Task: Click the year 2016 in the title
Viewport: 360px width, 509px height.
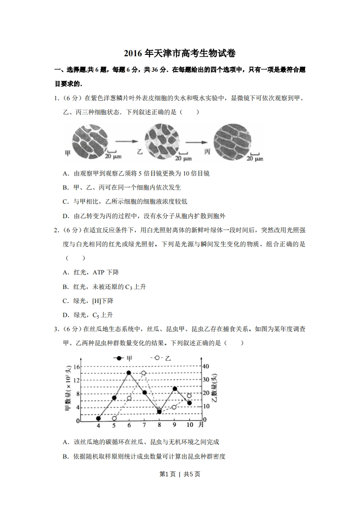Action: pos(133,54)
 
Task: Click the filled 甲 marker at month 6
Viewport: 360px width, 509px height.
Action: pos(129,372)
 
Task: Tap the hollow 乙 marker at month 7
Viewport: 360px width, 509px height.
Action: pos(143,373)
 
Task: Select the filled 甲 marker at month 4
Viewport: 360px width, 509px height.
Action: pos(99,418)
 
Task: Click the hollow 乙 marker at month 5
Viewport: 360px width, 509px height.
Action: pos(114,418)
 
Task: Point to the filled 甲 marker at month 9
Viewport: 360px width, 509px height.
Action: pos(175,389)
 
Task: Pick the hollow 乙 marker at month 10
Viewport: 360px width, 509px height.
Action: pos(189,396)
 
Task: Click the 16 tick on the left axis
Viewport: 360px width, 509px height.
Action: pos(77,367)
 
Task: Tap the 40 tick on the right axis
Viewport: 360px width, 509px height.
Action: pos(205,367)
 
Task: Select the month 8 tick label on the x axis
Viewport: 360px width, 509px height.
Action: pos(159,426)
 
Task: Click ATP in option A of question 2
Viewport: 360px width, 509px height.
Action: pos(99,273)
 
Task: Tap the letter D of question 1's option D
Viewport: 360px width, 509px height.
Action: pos(65,215)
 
